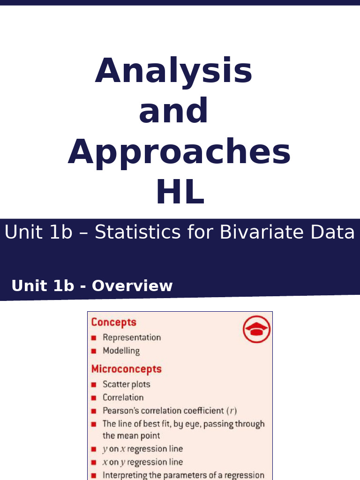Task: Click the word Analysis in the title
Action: (174, 71)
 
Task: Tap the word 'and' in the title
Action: (173, 111)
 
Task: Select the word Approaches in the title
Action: (179, 152)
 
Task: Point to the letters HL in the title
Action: (180, 192)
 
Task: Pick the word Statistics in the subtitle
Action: (133, 232)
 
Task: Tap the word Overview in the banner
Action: (132, 286)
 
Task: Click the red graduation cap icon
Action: (256, 329)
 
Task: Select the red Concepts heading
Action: (114, 322)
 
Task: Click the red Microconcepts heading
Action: (126, 369)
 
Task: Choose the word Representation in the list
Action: (132, 337)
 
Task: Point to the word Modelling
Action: (121, 351)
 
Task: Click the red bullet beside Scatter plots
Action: (94, 385)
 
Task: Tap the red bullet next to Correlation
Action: (94, 398)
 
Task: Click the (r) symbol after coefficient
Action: (232, 411)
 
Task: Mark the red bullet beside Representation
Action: (94, 338)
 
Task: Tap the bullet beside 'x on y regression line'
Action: (94, 462)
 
